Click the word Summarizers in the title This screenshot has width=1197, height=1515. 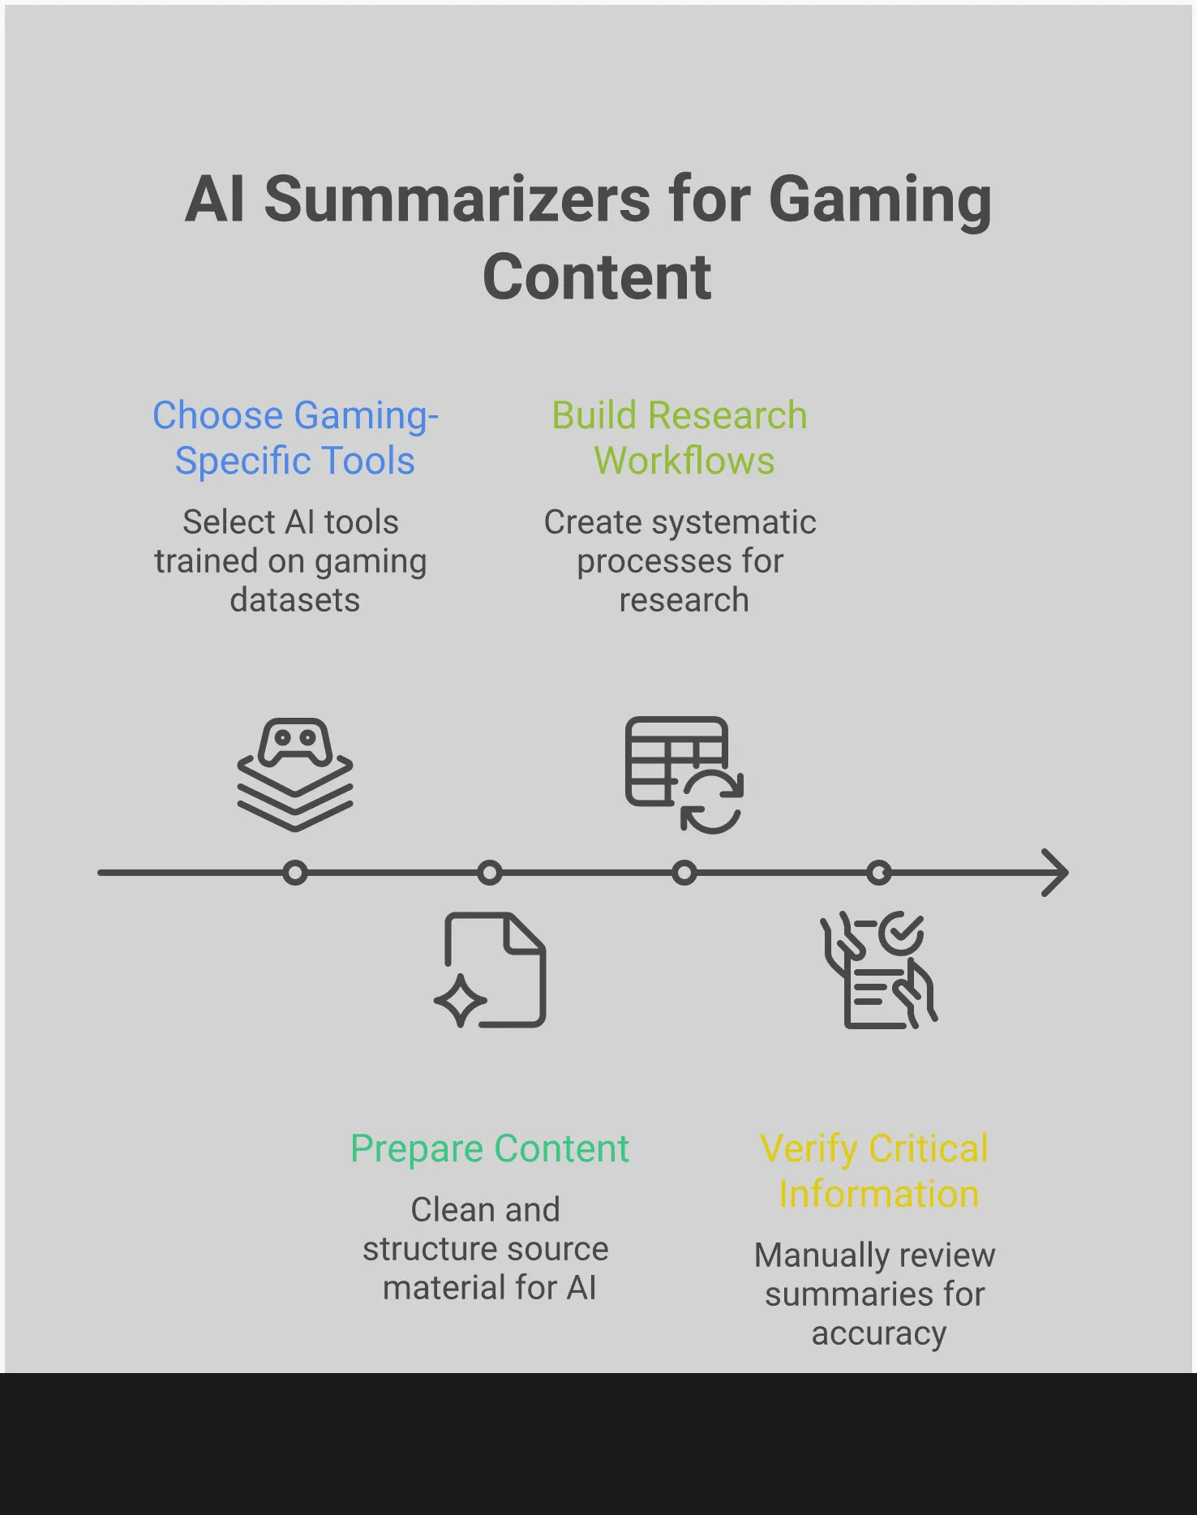tap(457, 200)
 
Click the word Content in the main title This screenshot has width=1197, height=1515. tap(597, 277)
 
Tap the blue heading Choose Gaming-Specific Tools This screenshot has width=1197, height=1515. tap(295, 438)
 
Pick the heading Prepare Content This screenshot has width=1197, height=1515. tap(490, 1148)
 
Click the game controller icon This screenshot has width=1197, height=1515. tap(295, 775)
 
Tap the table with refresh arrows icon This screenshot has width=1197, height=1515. tap(684, 775)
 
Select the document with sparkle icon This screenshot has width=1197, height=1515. tap(491, 970)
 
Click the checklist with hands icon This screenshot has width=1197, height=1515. tap(878, 970)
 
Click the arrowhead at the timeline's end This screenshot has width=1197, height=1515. tap(1057, 873)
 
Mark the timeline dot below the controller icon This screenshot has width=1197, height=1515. tap(295, 873)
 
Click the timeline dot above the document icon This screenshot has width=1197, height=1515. tap(490, 873)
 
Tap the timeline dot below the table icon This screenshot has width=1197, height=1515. tap(684, 873)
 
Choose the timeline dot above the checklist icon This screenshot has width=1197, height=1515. tap(879, 873)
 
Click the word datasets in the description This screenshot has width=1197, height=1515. tap(295, 600)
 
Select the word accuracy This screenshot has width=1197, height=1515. tap(879, 1333)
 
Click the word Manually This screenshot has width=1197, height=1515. tap(813, 1255)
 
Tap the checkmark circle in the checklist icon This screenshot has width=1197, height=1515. tap(901, 933)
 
